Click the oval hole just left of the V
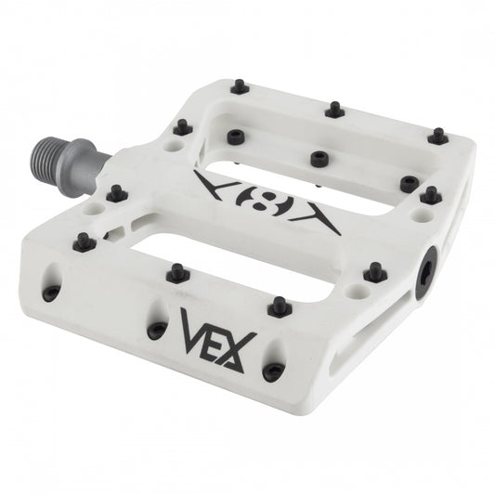pos(157,329)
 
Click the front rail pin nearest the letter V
pos(174,272)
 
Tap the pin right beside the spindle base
pos(117,193)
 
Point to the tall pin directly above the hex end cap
pos(429,195)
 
